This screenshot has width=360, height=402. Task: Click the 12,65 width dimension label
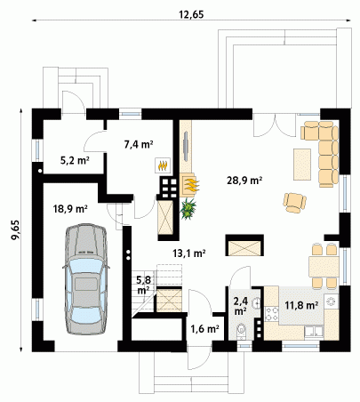pyautogui.click(x=191, y=14)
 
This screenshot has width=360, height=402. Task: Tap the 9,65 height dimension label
pyautogui.click(x=15, y=229)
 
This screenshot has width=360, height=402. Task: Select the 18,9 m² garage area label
pyautogui.click(x=70, y=209)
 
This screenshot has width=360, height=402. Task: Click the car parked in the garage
pyautogui.click(x=86, y=279)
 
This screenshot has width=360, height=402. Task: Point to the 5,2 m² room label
pyautogui.click(x=75, y=161)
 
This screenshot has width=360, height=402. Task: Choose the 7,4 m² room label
pyautogui.click(x=139, y=144)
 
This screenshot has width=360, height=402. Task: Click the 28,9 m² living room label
pyautogui.click(x=244, y=180)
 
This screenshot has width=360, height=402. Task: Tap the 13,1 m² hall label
pyautogui.click(x=189, y=253)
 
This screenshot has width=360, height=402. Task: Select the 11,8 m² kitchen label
pyautogui.click(x=301, y=305)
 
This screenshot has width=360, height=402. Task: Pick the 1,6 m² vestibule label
pyautogui.click(x=205, y=328)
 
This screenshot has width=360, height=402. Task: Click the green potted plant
pyautogui.click(x=188, y=209)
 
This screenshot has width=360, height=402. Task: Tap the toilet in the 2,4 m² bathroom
pyautogui.click(x=242, y=331)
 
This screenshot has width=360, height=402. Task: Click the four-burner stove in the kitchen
pyautogui.click(x=272, y=314)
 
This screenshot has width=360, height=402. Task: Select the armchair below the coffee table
pyautogui.click(x=294, y=203)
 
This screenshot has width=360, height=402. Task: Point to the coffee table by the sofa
pyautogui.click(x=302, y=165)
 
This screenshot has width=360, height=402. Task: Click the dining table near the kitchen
pyautogui.click(x=324, y=267)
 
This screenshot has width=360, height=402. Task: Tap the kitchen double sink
pyautogui.click(x=314, y=332)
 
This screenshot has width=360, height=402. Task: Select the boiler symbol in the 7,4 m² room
pyautogui.click(x=163, y=165)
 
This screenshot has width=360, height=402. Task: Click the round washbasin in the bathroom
pyautogui.click(x=256, y=302)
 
